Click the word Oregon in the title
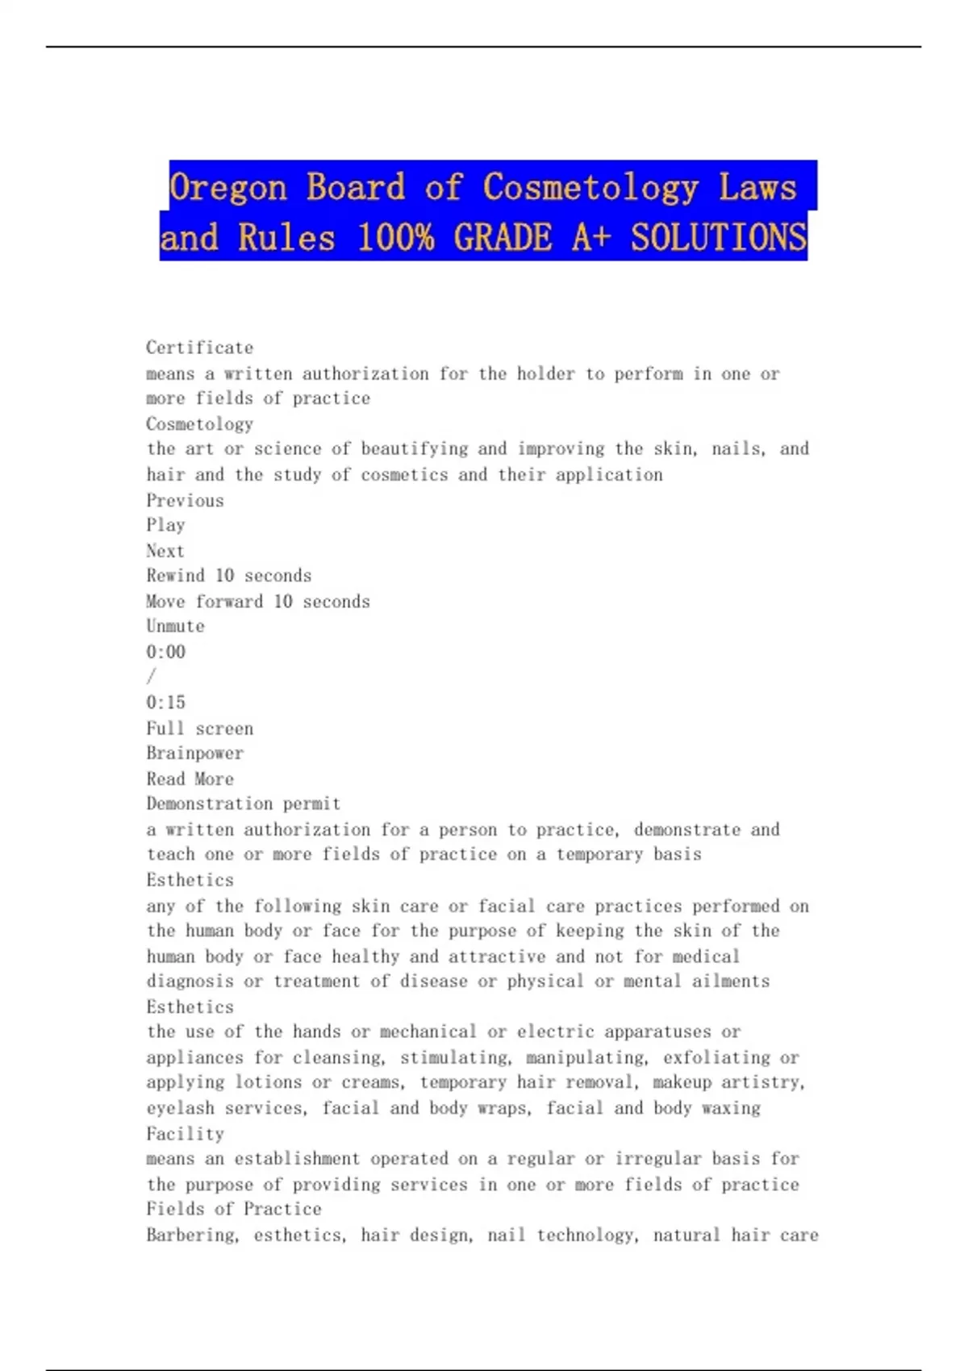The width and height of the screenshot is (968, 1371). [227, 188]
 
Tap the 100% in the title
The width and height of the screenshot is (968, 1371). [395, 238]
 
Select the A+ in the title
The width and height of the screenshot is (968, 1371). [592, 238]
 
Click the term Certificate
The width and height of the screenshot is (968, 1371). [199, 348]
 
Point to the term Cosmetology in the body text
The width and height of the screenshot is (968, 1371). [199, 424]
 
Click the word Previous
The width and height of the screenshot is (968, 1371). [185, 501]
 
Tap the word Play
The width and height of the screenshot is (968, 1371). [165, 525]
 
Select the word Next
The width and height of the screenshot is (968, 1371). [165, 551]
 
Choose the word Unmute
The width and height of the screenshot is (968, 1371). [175, 627]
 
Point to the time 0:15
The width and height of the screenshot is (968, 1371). [165, 702]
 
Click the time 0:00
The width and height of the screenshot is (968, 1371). [165, 652]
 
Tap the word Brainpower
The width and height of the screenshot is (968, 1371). [194, 753]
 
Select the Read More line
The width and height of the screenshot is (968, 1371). [190, 779]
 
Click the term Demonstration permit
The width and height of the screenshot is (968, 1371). [243, 804]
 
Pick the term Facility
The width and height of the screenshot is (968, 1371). [185, 1134]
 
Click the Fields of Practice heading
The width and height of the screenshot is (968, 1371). [233, 1209]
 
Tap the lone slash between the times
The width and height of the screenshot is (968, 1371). [151, 677]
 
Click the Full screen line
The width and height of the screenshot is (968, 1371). [199, 728]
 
